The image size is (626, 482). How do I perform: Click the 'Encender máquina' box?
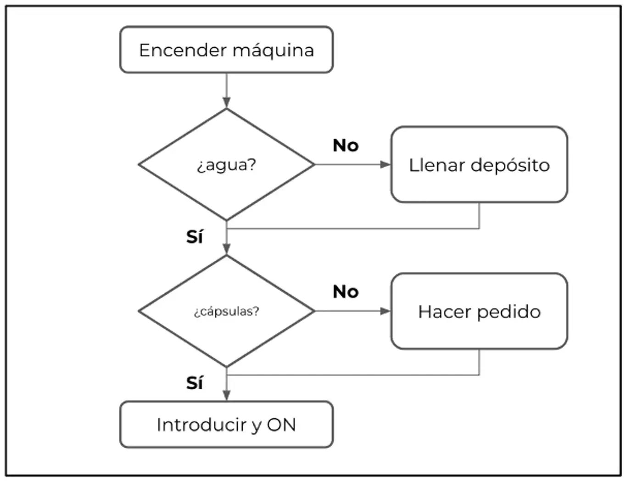pos(226,50)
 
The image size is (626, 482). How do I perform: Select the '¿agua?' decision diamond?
pos(226,164)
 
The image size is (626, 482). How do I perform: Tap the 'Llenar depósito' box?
pos(479,164)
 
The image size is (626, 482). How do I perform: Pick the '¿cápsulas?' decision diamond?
pos(226,311)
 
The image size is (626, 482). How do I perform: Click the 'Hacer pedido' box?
pos(479,311)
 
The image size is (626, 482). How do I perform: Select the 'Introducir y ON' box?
pos(226,425)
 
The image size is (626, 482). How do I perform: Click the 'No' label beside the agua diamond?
pos(346,146)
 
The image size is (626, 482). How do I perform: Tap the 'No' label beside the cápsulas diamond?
pos(346,291)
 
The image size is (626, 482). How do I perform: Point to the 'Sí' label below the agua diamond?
pos(194,237)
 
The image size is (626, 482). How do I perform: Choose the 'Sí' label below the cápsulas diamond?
pos(194,383)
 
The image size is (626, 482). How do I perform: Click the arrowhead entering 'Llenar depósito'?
pos(386,164)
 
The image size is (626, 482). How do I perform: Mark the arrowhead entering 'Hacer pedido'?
pos(386,311)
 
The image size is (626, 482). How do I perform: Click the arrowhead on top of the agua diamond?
pos(226,103)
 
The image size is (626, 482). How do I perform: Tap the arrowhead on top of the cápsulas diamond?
pos(226,249)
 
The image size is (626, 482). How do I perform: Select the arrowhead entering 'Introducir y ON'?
pos(226,396)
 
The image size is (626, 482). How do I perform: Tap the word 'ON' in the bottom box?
pos(281,425)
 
